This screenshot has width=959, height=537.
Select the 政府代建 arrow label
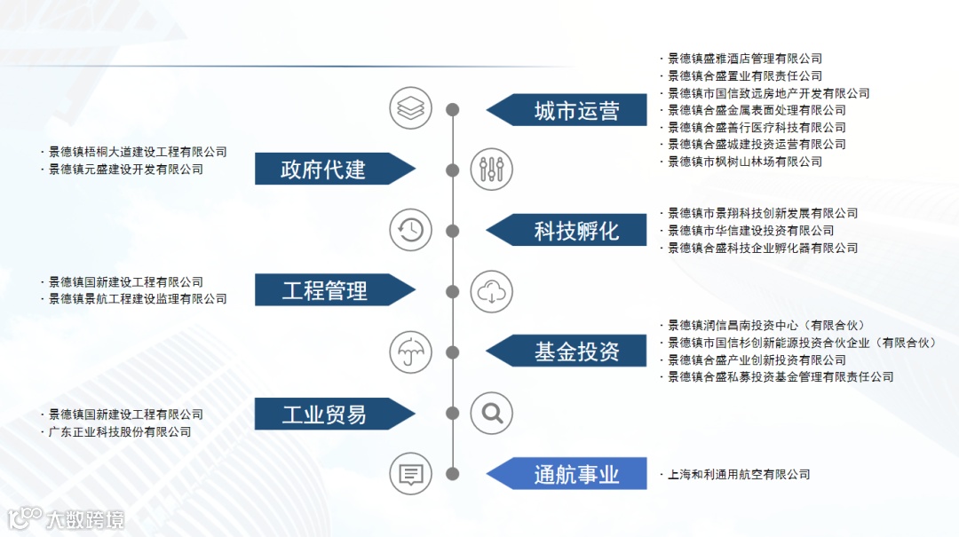[x=324, y=169]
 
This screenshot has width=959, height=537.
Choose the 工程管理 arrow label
[x=324, y=290]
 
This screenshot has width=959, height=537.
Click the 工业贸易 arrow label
[x=324, y=414]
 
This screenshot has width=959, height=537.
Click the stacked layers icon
[x=410, y=108]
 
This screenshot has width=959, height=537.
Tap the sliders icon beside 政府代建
[x=491, y=169]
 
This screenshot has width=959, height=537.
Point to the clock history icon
[x=410, y=230]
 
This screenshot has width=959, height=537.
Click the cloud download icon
[x=491, y=291]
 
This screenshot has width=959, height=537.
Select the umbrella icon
[x=410, y=351]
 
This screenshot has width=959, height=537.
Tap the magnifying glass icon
[x=491, y=413]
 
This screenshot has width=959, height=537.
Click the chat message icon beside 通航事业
[x=410, y=474]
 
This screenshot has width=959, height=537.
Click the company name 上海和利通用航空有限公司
[x=739, y=475]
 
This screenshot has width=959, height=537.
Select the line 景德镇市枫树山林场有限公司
[x=744, y=162]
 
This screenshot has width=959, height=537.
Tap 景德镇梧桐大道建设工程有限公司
[x=138, y=152]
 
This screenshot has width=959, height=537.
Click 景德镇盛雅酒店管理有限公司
[x=744, y=59]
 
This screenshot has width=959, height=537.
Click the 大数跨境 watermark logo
[x=67, y=518]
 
